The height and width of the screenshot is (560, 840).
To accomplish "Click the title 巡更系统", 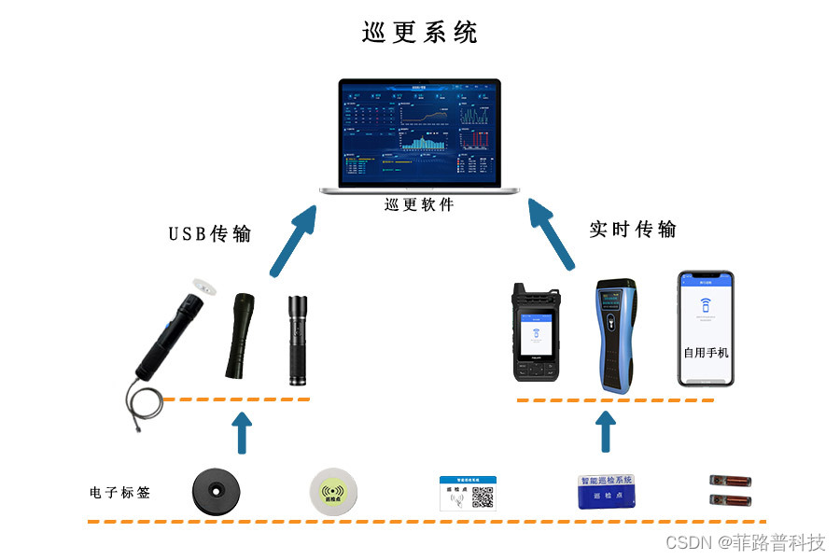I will tap(419, 33).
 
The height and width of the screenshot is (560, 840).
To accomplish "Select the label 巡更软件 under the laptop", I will tap(419, 204).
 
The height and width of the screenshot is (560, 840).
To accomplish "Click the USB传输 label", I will tap(210, 233).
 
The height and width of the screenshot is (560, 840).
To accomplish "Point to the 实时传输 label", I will tap(633, 229).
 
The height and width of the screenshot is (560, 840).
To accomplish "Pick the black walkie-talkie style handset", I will tap(535, 332).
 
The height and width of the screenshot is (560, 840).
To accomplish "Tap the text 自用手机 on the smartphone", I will tap(706, 353).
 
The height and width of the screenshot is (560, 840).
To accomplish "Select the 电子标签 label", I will tap(119, 492).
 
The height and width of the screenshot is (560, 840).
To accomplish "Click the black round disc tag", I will tap(217, 489).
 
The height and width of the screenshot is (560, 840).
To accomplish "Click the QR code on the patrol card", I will tap(483, 497).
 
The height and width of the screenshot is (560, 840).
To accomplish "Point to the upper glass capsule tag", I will tap(729, 482).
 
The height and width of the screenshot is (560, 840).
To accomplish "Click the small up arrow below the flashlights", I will tap(242, 433).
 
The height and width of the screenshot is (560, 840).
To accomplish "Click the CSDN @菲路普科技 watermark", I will tap(746, 542).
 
